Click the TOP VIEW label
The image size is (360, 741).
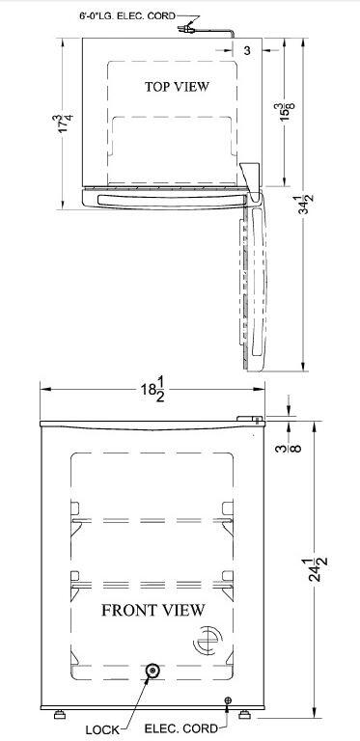(x=177, y=87)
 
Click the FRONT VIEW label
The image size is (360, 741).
(x=153, y=610)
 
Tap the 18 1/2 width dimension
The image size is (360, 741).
(x=152, y=390)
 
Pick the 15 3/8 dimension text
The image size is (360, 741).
(x=288, y=112)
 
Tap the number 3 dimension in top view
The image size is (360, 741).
(x=247, y=50)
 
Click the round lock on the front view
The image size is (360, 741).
(x=152, y=671)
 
